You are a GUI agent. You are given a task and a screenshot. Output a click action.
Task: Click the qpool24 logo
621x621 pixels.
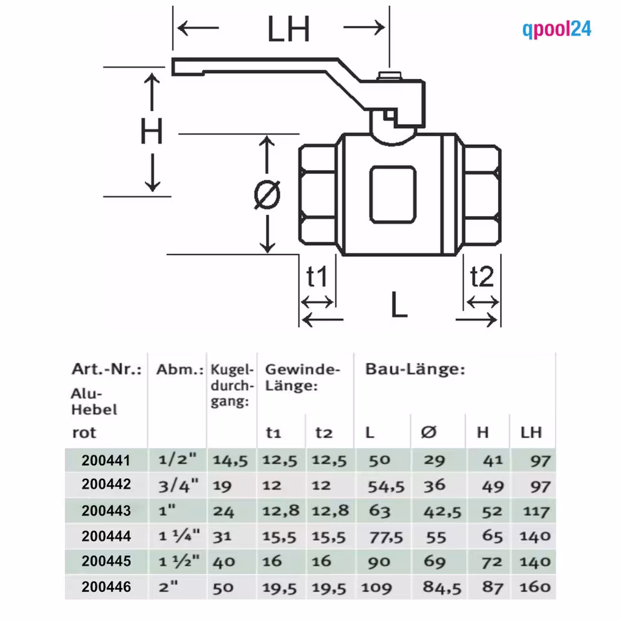click(x=556, y=29)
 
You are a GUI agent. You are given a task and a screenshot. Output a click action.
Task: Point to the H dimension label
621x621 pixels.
click(x=151, y=133)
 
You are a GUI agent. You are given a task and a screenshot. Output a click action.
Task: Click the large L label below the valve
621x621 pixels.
click(x=399, y=305)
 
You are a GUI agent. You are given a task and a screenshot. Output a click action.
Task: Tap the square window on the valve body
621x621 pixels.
click(x=392, y=193)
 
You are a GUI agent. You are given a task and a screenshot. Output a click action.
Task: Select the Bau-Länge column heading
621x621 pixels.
click(x=415, y=370)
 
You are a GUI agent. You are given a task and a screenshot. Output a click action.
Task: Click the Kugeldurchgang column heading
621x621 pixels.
click(x=231, y=386)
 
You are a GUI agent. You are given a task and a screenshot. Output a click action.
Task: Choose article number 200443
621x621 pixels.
click(x=106, y=511)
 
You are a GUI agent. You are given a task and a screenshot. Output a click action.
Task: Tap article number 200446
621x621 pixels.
click(x=106, y=587)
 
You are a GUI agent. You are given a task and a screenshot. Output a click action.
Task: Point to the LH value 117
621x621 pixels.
click(x=536, y=511)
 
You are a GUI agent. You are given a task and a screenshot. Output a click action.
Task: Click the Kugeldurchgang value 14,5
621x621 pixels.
click(x=231, y=461)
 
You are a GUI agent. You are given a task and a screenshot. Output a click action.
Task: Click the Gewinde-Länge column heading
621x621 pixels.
click(x=302, y=378)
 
